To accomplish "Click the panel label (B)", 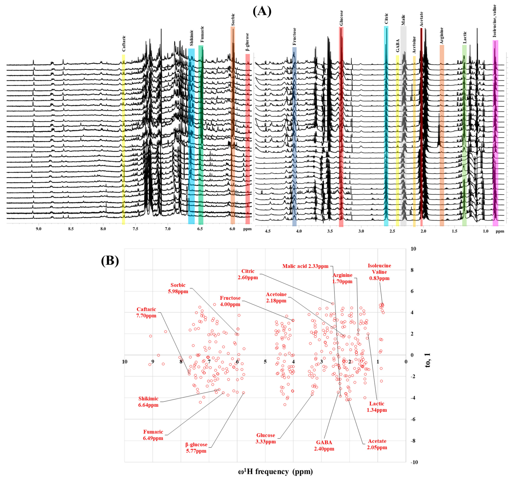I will [110, 261].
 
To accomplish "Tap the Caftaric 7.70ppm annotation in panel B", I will [146, 312].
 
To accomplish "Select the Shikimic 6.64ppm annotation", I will [148, 402].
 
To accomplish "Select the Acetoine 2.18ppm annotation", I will [276, 297].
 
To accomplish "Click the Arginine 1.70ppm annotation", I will [342, 278].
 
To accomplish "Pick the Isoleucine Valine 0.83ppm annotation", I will [379, 272].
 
